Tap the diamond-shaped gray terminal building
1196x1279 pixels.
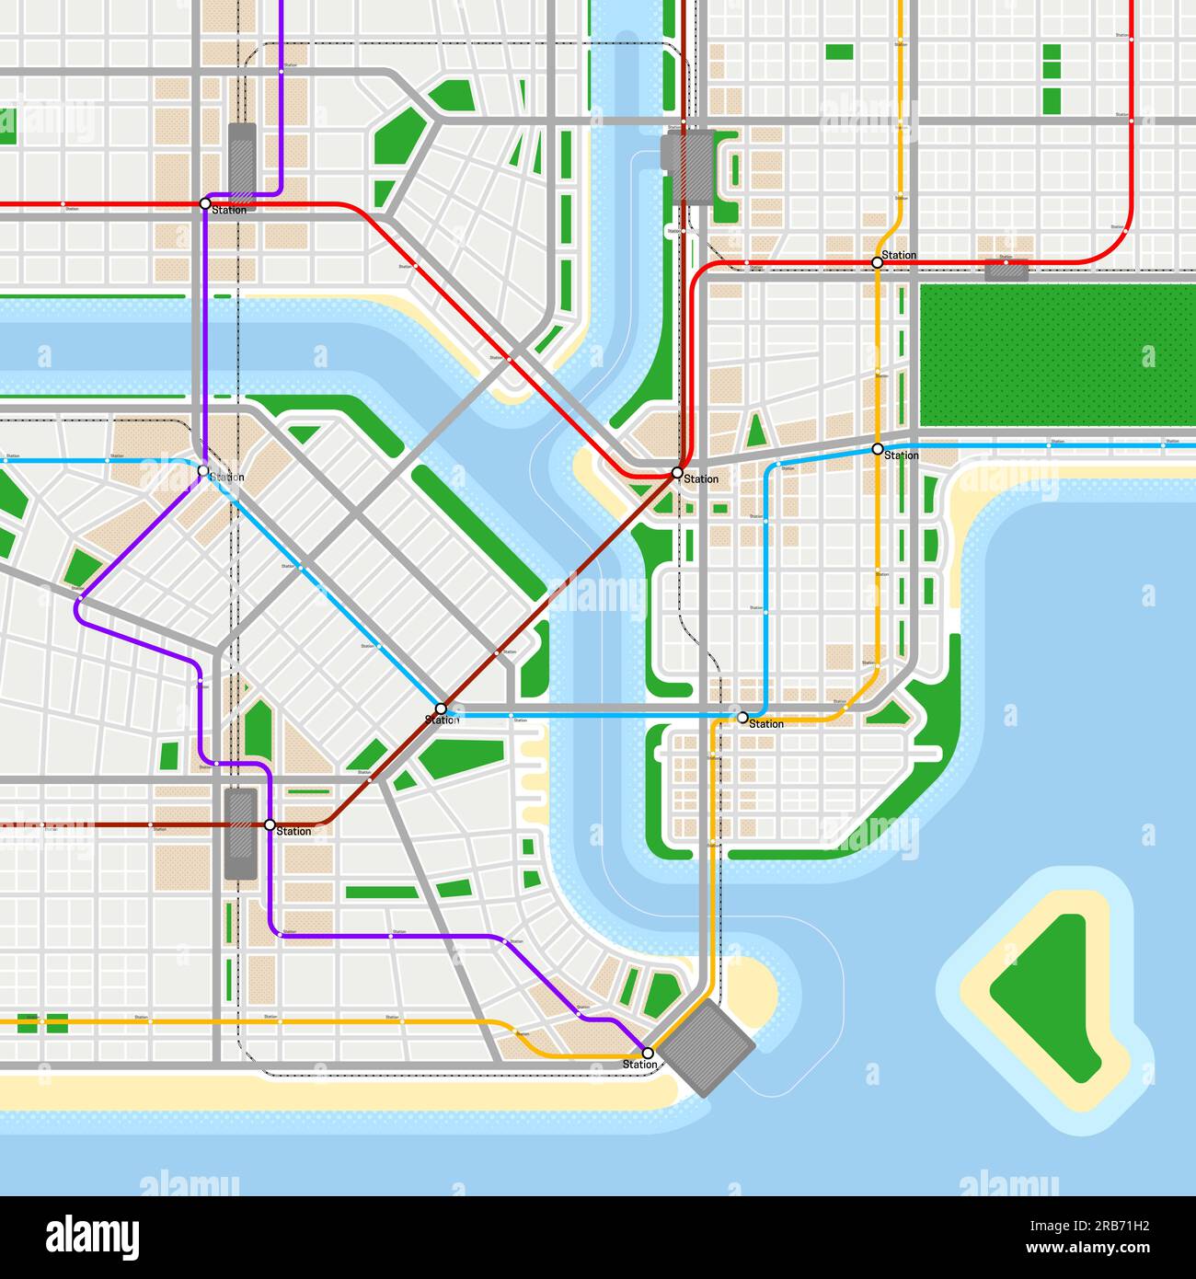tap(707, 1048)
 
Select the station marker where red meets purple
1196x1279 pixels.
tap(205, 203)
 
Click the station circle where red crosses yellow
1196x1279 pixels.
tap(877, 262)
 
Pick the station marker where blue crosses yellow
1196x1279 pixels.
tap(877, 449)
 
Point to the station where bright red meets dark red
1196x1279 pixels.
tap(677, 473)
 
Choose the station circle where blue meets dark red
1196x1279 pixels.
tap(441, 709)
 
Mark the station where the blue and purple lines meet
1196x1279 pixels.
tap(203, 470)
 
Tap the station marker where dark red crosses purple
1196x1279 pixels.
tap(270, 824)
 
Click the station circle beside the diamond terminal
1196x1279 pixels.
tap(648, 1053)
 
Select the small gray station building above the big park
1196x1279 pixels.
tap(1006, 271)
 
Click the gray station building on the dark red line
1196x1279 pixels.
tap(241, 834)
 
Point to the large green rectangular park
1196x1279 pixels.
tap(1057, 355)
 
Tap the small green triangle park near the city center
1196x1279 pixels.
tap(756, 431)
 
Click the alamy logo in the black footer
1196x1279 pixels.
tap(92, 1238)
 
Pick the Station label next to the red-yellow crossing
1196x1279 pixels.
tap(899, 255)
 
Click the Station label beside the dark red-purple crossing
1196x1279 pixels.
tap(293, 832)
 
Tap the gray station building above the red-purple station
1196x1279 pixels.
tap(242, 157)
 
